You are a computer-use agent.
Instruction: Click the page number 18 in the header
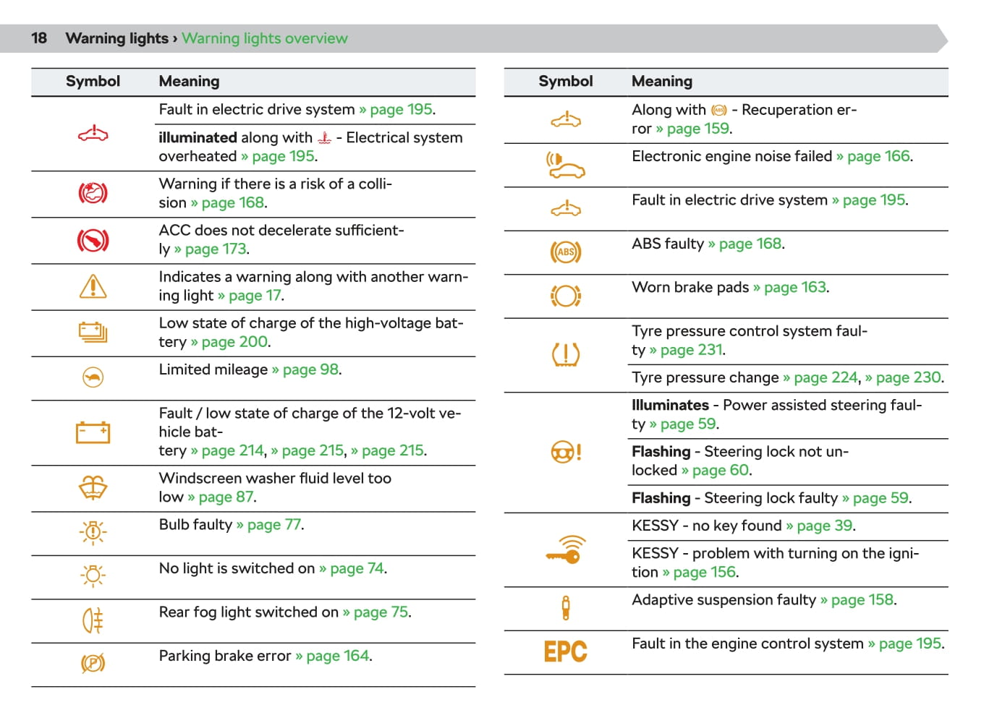(39, 38)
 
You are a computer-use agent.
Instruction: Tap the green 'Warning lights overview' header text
(264, 38)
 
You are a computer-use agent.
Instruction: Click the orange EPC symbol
(565, 651)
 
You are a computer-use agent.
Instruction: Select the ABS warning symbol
(565, 252)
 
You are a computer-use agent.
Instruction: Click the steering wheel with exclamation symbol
(566, 453)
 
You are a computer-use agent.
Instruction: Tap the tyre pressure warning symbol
(565, 354)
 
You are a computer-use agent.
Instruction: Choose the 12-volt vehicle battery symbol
(93, 432)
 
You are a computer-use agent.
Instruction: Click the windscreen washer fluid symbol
(93, 488)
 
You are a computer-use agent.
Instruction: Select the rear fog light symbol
(93, 620)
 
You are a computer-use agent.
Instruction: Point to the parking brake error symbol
(93, 663)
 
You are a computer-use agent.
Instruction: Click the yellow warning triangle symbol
(93, 286)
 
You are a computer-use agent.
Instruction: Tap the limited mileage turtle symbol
(93, 377)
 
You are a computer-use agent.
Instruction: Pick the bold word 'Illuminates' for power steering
(670, 405)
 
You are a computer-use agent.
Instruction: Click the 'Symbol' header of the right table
(565, 82)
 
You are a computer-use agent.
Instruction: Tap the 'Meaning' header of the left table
(189, 82)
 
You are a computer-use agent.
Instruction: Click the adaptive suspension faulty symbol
(565, 608)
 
